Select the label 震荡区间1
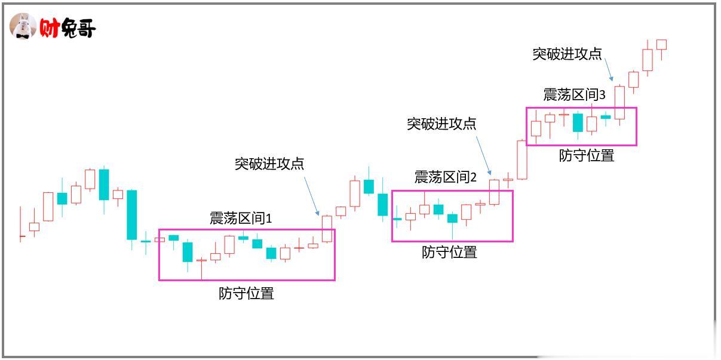pyautogui.click(x=240, y=219)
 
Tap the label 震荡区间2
pyautogui.click(x=445, y=177)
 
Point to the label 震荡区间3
pyautogui.click(x=574, y=95)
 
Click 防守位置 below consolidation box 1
pyautogui.click(x=246, y=293)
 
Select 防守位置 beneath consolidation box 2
pyautogui.click(x=449, y=252)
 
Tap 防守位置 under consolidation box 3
pyautogui.click(x=586, y=156)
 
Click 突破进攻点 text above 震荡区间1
pyautogui.click(x=269, y=164)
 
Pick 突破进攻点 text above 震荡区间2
pyautogui.click(x=441, y=124)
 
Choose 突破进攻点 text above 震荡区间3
pyautogui.click(x=567, y=54)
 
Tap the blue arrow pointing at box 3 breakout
pyautogui.click(x=608, y=69)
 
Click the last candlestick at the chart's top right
pyautogui.click(x=661, y=45)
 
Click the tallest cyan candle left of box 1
pyautogui.click(x=131, y=215)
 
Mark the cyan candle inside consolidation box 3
pyautogui.click(x=578, y=122)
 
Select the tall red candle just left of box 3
pyautogui.click(x=522, y=159)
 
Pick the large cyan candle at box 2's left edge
pyautogui.click(x=383, y=204)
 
